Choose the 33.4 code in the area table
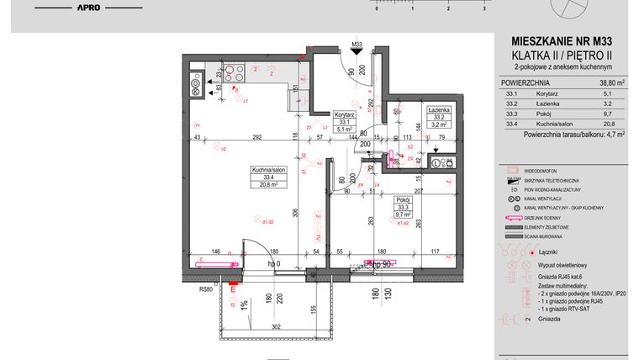pos(510,124)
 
